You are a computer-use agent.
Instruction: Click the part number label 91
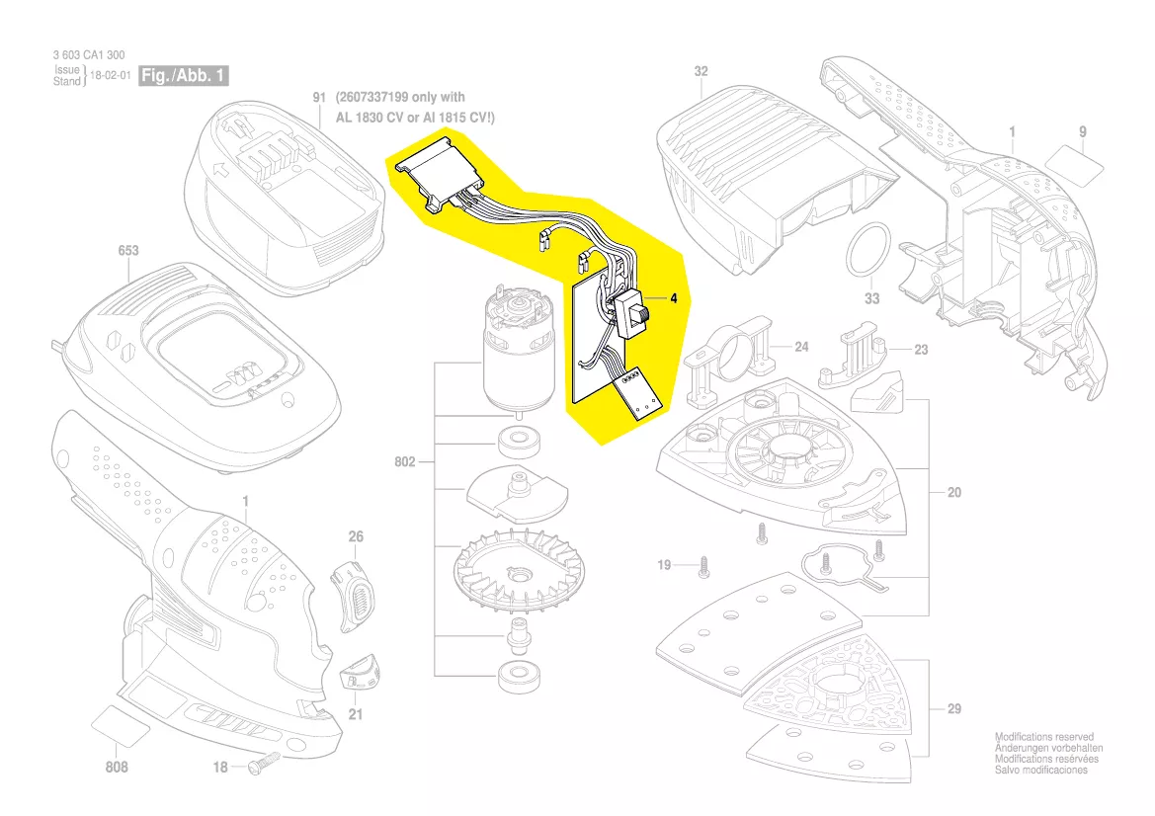319,98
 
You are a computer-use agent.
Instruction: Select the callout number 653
128,251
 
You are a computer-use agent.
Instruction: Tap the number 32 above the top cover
701,71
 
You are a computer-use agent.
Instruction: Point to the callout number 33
870,299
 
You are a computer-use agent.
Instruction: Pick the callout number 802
406,461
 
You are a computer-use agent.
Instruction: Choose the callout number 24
801,347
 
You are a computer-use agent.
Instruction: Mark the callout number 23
921,350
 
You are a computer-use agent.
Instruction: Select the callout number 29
953,708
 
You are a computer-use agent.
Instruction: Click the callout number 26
356,536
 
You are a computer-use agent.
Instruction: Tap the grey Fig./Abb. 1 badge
184,75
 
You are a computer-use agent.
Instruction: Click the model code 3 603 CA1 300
89,56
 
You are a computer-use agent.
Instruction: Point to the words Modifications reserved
1043,737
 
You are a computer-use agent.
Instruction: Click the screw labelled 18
264,761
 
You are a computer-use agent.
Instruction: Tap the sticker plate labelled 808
120,729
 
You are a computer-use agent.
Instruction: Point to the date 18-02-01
111,75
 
